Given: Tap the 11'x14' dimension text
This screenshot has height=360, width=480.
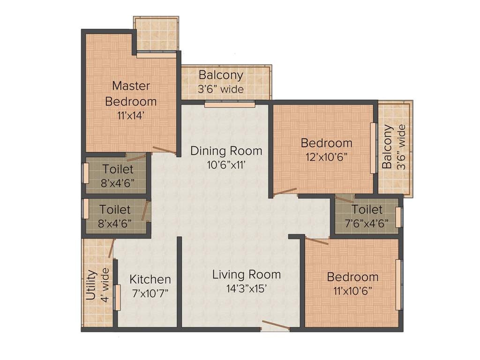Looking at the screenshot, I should pyautogui.click(x=131, y=116).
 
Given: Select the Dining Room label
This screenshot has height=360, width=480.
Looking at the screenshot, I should pyautogui.click(x=226, y=151).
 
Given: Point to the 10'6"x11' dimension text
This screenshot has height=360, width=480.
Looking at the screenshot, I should pyautogui.click(x=226, y=165).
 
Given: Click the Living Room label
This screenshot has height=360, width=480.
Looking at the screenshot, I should pyautogui.click(x=246, y=274).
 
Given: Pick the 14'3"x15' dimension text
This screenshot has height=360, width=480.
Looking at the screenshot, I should pyautogui.click(x=246, y=289).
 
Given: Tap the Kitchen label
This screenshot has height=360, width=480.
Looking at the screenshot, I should pyautogui.click(x=150, y=279).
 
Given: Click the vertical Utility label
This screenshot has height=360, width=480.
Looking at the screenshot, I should pyautogui.click(x=91, y=284).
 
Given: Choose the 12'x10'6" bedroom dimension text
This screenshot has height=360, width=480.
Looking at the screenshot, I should pyautogui.click(x=326, y=158).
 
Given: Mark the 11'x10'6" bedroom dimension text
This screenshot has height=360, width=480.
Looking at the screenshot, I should pyautogui.click(x=352, y=291).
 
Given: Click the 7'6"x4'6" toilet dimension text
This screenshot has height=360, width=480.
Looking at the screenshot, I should pyautogui.click(x=367, y=224).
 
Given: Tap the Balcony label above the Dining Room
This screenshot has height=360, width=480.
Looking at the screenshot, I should pyautogui.click(x=221, y=75).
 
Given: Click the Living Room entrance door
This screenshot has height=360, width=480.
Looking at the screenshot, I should pyautogui.click(x=276, y=325).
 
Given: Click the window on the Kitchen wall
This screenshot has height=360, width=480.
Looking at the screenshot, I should pyautogui.click(x=118, y=297).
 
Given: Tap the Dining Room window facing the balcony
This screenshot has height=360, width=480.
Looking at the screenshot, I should pyautogui.click(x=230, y=105).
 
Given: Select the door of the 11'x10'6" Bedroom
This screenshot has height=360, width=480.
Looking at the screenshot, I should pyautogui.click(x=317, y=241).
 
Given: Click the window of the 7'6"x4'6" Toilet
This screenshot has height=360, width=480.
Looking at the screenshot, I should pyautogui.click(x=398, y=217).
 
